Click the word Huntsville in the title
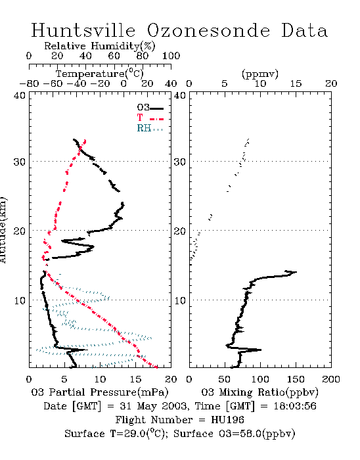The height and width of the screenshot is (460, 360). (x=83, y=30)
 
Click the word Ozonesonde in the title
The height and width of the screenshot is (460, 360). (x=208, y=30)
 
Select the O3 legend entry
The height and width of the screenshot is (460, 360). (x=150, y=108)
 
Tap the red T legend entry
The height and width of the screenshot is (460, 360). (x=150, y=118)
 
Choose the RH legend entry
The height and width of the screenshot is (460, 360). (x=150, y=129)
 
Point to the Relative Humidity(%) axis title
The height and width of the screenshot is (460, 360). (x=99, y=47)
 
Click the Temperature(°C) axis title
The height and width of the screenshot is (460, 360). (x=99, y=74)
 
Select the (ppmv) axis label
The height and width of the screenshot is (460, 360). (x=259, y=74)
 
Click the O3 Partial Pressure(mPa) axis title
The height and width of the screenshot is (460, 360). (x=100, y=392)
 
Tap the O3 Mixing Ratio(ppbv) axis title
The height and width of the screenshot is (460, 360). (x=259, y=392)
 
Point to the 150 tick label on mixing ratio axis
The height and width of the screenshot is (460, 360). (x=296, y=380)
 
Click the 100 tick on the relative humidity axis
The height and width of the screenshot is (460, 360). (x=171, y=56)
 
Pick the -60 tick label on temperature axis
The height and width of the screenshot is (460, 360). (x=53, y=84)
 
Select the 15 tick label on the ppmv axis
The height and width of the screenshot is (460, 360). (x=296, y=84)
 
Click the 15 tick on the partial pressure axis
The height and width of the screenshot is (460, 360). (x=135, y=380)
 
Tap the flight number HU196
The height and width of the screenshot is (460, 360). (x=227, y=420)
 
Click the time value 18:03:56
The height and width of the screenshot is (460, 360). (x=295, y=406)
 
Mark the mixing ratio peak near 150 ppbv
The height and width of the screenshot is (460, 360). (x=296, y=272)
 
